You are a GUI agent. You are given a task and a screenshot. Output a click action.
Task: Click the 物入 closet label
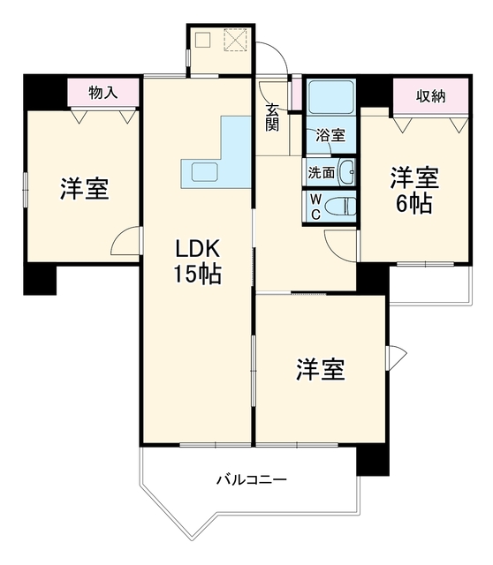pos(103,93)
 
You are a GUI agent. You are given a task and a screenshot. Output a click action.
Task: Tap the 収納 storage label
pos(431,96)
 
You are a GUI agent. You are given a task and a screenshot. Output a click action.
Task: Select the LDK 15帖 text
pos(197,261)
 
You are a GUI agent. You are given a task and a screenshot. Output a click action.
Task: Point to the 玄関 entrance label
pos(272,117)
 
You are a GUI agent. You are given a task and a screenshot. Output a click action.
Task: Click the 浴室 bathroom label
pos(330,135)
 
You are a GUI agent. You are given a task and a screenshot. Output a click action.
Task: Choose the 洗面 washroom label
pos(321,173)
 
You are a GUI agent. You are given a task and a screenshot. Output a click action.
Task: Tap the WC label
pos(315,207)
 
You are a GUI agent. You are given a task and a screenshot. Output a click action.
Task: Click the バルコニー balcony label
pos(252,479)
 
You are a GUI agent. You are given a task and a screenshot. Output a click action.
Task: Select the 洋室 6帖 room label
pos(414,191)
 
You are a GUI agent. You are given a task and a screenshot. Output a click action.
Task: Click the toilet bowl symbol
pos(340,207)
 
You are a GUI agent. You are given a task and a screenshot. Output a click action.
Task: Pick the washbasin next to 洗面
pos(347,172)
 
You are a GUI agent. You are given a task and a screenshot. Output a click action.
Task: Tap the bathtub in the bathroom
pos(331,93)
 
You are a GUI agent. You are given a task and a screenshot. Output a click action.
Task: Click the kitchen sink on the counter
pos(204,172)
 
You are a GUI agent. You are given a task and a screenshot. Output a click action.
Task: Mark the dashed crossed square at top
pos(236,40)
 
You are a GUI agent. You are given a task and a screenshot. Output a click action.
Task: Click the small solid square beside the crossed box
pos(202,40)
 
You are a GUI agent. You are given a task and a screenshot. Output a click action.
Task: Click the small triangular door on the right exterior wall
pos(396,358)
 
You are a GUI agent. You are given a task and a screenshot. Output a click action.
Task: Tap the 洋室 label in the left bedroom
pos(85,189)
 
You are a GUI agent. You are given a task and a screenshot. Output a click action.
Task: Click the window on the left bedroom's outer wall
pos(26,190)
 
